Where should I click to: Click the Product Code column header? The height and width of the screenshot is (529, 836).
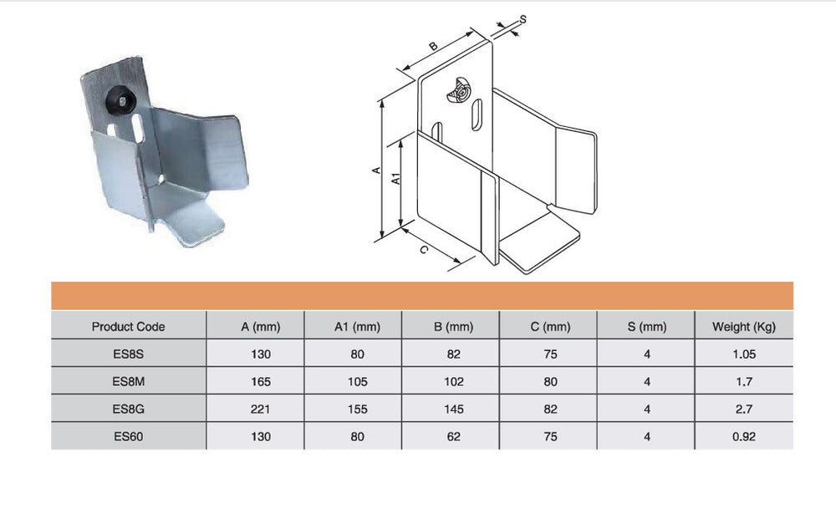(x=128, y=327)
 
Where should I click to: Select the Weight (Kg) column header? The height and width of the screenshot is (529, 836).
(x=744, y=327)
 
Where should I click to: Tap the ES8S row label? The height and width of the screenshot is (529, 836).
(x=128, y=354)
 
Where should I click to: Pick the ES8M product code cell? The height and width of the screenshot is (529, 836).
(x=128, y=382)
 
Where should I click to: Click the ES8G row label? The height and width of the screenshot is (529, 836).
(x=128, y=409)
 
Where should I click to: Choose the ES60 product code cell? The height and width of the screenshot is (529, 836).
(x=128, y=437)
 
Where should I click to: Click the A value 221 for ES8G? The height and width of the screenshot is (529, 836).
(x=260, y=409)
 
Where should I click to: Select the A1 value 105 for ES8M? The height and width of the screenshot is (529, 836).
(x=357, y=382)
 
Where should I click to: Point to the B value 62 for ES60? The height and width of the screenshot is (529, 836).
(x=454, y=437)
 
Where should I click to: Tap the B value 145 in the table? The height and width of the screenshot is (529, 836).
(x=454, y=409)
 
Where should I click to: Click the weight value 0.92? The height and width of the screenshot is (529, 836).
(x=744, y=437)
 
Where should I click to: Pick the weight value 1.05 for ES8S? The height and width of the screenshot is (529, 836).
(x=744, y=354)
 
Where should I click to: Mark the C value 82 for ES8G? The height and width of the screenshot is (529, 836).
(x=551, y=409)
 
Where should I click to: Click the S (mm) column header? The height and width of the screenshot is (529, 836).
(x=647, y=327)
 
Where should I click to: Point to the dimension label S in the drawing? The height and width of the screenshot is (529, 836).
(x=522, y=19)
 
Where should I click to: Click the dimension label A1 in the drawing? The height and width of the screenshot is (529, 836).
(x=395, y=179)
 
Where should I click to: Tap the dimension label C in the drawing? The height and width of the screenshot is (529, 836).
(x=423, y=249)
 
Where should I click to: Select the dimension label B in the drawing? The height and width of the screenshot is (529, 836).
(x=433, y=46)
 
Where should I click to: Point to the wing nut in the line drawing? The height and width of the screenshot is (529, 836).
(x=458, y=91)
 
